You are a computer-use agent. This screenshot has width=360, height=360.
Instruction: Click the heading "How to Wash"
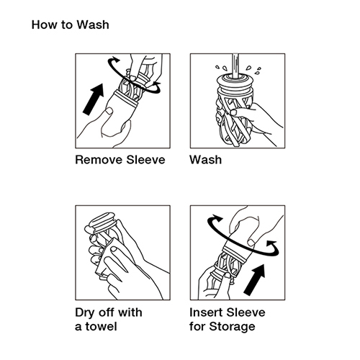(x=71, y=25)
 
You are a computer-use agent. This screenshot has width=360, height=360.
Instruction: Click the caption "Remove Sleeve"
(x=120, y=160)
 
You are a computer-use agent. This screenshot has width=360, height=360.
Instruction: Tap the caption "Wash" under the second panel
(x=205, y=160)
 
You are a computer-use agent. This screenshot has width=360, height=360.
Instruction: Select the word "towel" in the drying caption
(x=101, y=327)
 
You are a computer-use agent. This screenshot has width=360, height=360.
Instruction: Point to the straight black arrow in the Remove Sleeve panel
(x=94, y=99)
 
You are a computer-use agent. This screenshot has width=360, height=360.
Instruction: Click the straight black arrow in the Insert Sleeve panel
(x=255, y=280)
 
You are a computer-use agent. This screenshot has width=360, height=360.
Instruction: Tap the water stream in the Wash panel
(x=235, y=66)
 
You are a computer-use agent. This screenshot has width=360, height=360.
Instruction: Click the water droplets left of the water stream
(x=221, y=68)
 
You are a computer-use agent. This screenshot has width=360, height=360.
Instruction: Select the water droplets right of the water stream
(x=253, y=69)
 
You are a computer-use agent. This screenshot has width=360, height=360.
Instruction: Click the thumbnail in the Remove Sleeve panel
(x=109, y=111)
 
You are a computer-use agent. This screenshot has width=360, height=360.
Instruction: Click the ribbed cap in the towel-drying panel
(x=103, y=222)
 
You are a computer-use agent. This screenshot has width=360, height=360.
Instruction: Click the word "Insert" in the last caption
(x=206, y=312)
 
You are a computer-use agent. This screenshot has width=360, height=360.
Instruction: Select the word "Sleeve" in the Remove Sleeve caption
(x=145, y=160)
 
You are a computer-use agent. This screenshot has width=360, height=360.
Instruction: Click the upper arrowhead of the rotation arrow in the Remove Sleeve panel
(x=115, y=60)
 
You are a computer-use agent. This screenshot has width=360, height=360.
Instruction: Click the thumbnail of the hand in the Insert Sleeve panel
(x=251, y=243)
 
